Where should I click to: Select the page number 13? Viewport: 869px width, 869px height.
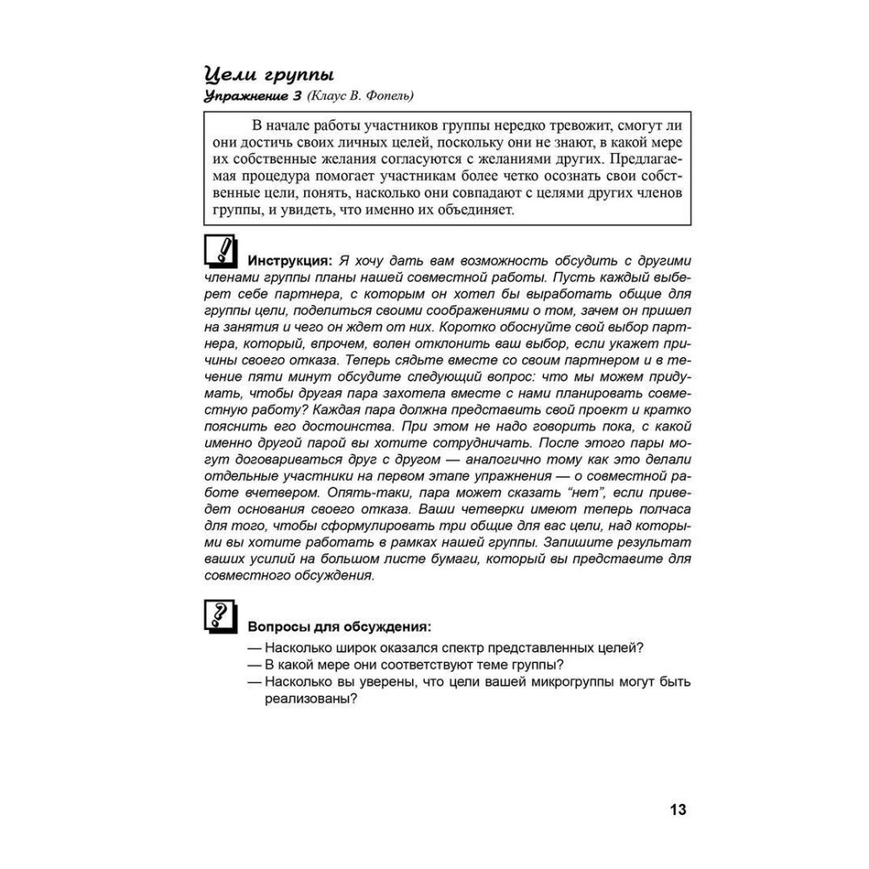(678, 810)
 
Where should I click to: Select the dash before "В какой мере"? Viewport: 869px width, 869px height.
(255, 665)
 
